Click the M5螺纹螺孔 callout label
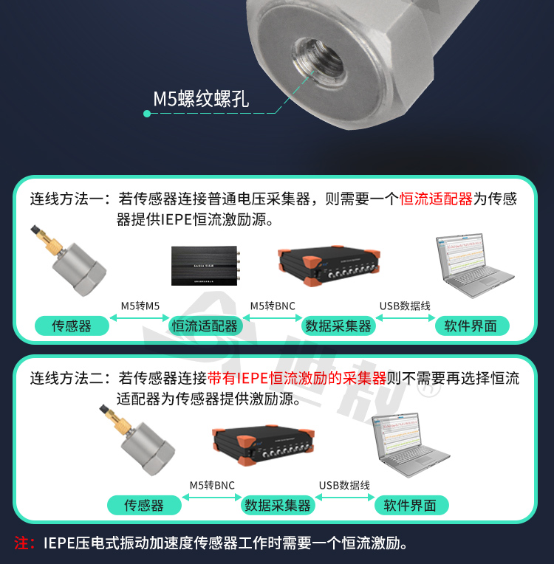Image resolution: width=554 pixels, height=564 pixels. pos(201,99)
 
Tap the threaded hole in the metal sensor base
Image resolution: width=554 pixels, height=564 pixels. pos(318,62)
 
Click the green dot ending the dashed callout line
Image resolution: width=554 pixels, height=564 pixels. pos(147,114)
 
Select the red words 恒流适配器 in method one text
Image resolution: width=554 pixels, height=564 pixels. pos(436,199)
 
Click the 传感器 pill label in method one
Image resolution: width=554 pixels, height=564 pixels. pos(72,326)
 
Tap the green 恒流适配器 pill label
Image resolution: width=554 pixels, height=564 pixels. pos(205,326)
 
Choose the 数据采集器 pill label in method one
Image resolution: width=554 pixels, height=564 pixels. pos(338,326)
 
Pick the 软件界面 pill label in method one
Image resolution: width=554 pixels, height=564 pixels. pos(471,326)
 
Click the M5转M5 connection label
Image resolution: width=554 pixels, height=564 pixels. pos(140,306)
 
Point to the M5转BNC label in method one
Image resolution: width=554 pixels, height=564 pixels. pos(273,306)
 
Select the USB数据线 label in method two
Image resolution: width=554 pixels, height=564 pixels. pos(344,486)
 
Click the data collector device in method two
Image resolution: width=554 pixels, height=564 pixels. pos(264,445)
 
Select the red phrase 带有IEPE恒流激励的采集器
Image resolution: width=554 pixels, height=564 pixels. pos(297,379)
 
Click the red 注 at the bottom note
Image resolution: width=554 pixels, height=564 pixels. pos(21,543)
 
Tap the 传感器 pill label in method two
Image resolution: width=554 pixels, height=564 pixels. pos(144,506)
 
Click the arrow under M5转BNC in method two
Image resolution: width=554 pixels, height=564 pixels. pos(212,498)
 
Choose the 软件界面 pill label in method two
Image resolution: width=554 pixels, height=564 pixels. pos(411,506)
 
